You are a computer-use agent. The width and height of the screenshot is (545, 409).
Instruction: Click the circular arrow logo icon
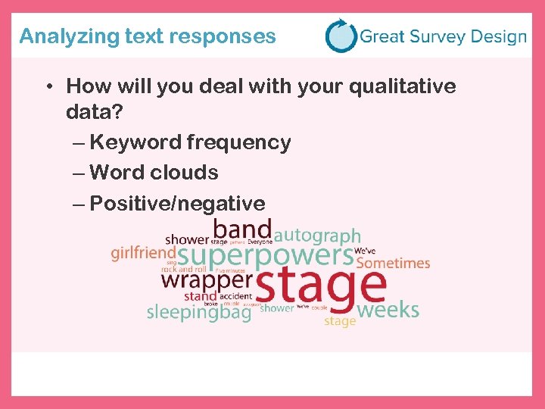pyautogui.click(x=341, y=36)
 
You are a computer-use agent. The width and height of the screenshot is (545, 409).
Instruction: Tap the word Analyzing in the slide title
pyautogui.click(x=58, y=36)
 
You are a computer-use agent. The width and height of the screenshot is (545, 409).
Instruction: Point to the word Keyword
pyautogui.click(x=135, y=142)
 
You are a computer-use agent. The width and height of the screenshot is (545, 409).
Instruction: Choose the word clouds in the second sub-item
pyautogui.click(x=184, y=173)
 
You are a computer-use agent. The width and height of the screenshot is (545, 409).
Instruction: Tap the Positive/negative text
pyautogui.click(x=177, y=203)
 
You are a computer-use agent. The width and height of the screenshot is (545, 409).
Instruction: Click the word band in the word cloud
pyautogui.click(x=241, y=229)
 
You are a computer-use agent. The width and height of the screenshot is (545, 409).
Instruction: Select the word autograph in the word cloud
pyautogui.click(x=317, y=236)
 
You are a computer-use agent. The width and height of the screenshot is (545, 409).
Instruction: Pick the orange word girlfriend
pyautogui.click(x=143, y=253)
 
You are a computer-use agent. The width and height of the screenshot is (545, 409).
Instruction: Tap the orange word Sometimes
pyautogui.click(x=392, y=264)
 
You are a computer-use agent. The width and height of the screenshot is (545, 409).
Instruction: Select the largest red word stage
pyautogui.click(x=321, y=286)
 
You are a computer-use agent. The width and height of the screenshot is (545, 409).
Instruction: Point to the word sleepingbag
pyautogui.click(x=198, y=311)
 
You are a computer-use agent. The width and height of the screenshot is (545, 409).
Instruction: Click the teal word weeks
pyautogui.click(x=387, y=309)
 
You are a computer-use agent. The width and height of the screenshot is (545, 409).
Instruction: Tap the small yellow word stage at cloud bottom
pyautogui.click(x=340, y=321)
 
